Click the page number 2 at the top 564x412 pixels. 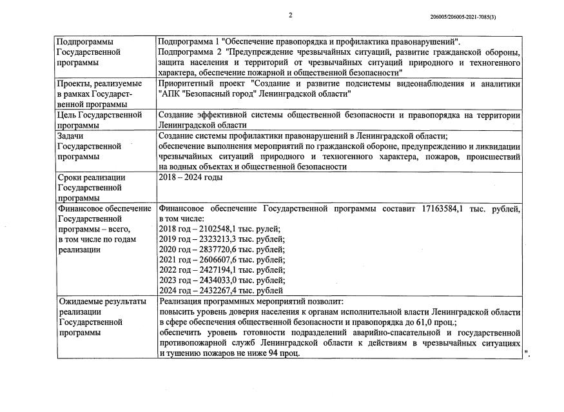[290, 15]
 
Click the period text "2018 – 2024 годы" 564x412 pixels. [191, 177]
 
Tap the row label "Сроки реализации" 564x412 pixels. [91, 177]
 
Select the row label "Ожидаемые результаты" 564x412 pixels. [101, 302]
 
